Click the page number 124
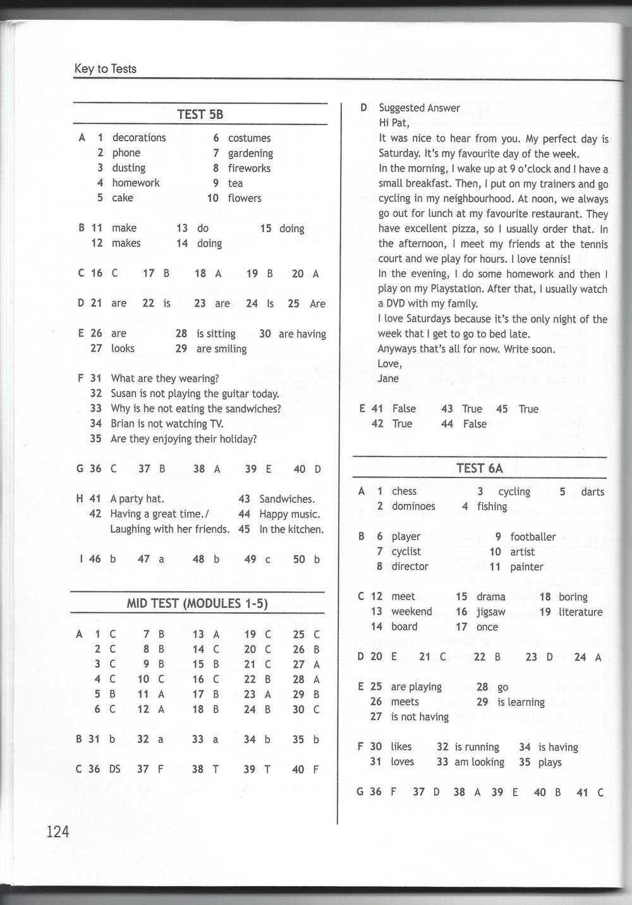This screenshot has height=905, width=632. tap(57, 831)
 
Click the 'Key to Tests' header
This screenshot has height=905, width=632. tap(105, 69)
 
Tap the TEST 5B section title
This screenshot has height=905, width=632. tap(200, 114)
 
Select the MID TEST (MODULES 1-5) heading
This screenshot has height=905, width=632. tap(197, 603)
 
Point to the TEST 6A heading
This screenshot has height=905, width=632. tap(480, 468)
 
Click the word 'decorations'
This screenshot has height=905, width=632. tap(139, 138)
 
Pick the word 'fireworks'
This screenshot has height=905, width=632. tap(249, 168)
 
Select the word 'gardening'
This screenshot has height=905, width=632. tap(250, 153)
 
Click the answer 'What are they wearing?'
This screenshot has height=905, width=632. tap(165, 378)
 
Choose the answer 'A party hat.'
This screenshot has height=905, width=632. tap(137, 499)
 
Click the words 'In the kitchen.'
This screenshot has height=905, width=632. tap(291, 529)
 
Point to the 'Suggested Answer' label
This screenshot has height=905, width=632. tap(419, 108)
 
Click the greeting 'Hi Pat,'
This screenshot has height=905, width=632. tap(394, 123)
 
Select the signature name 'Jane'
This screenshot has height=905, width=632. tap(388, 378)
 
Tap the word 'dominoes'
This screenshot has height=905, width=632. tap(413, 506)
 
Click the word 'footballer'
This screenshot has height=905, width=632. tap(533, 537)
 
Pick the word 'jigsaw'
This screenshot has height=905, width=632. tap(490, 612)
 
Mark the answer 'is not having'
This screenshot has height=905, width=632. tap(420, 717)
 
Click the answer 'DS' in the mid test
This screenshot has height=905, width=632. tap(114, 769)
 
